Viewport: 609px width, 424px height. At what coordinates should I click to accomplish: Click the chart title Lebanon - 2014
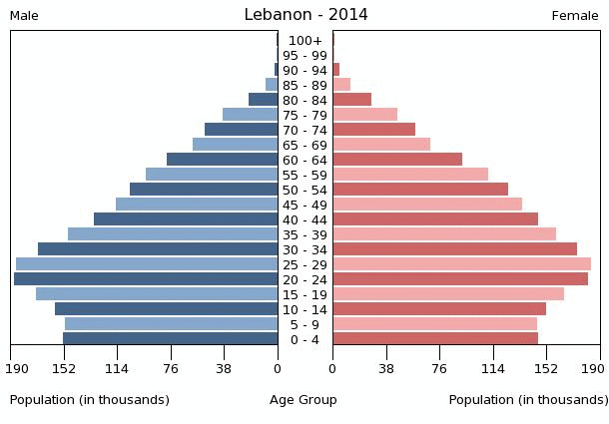(305, 15)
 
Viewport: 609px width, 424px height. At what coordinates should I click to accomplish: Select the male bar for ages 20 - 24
(146, 279)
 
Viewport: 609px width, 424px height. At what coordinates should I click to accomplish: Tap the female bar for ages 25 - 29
(461, 264)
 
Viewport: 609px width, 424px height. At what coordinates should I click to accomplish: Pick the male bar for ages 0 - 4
(170, 339)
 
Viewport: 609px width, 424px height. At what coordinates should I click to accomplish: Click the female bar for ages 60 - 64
(397, 160)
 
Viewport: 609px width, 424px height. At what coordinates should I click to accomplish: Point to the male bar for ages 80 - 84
(263, 100)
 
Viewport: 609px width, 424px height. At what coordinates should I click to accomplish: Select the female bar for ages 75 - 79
(364, 115)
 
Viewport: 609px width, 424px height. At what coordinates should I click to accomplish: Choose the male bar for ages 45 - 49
(197, 205)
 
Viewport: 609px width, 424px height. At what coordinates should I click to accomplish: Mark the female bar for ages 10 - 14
(439, 309)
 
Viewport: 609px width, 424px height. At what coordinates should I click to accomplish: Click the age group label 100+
(304, 41)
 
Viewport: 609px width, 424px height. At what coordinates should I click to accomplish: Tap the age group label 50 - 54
(304, 191)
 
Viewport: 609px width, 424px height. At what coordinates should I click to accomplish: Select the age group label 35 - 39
(304, 235)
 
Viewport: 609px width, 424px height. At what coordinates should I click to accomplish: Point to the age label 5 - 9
(304, 325)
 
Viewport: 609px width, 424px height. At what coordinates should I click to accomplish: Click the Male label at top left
(24, 16)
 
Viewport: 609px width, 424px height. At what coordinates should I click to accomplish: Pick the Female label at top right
(575, 16)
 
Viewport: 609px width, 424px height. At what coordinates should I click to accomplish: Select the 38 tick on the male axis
(224, 368)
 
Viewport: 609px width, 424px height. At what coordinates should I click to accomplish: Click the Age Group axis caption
(304, 400)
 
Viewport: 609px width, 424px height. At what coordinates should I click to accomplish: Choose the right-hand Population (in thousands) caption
(528, 400)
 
